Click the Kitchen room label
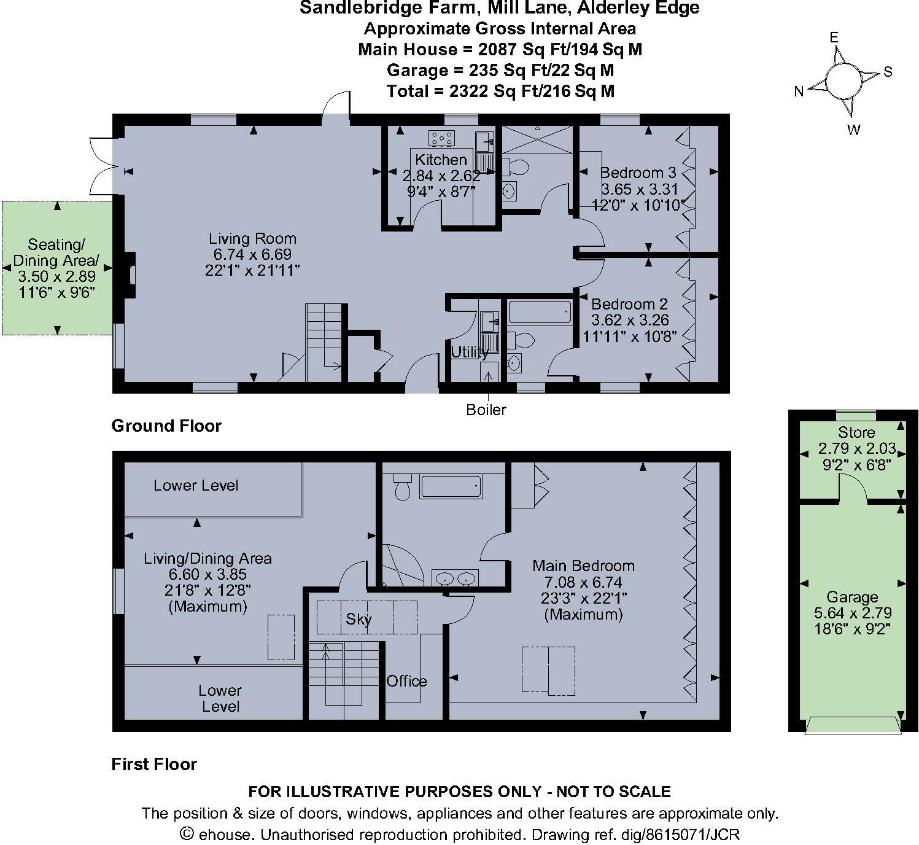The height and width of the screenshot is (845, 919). coord(441,160)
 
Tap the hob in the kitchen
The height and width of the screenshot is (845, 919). coord(441,138)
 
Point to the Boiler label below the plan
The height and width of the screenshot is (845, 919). coord(486,410)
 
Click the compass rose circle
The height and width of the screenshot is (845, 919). coord(843,80)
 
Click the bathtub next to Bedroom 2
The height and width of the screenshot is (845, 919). coord(540,312)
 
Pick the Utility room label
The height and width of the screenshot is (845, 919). coord(470,352)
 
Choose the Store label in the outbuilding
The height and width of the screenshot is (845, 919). coord(856,432)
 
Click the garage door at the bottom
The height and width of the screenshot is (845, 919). coord(853,725)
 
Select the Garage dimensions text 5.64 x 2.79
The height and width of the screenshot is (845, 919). coord(852,613)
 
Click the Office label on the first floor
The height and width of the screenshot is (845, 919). coord(406,681)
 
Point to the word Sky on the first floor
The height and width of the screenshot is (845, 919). coord(359,618)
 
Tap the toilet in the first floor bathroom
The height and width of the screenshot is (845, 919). coord(402,488)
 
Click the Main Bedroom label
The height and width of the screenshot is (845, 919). coord(583,566)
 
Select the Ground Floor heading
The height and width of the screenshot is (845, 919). coord(166,426)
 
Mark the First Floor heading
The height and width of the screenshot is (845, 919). coord(154,765)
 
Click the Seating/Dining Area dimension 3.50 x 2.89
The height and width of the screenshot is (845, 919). coord(56,277)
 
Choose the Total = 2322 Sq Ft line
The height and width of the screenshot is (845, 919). coord(500,92)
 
